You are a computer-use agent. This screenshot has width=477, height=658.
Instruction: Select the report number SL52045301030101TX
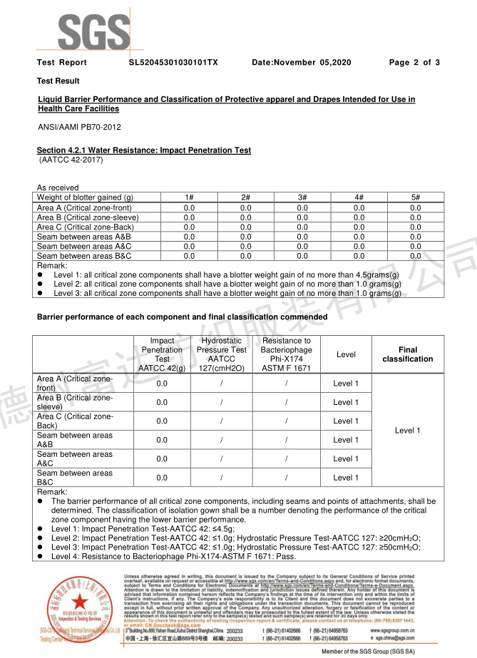pyautogui.click(x=173, y=63)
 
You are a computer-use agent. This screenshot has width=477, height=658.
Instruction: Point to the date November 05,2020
pyautogui.click(x=302, y=63)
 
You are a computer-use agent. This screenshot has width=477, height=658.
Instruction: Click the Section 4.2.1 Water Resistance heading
pyautogui.click(x=143, y=150)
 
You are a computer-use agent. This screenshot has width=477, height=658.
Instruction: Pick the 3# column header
pyautogui.click(x=302, y=197)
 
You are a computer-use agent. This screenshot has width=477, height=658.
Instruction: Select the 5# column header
pyautogui.click(x=415, y=197)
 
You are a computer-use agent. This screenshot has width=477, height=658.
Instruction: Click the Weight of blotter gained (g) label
pyautogui.click(x=85, y=197)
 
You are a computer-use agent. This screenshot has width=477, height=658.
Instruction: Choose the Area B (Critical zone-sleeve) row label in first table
pyautogui.click(x=88, y=217)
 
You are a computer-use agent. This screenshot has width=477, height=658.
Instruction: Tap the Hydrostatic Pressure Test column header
pyautogui.click(x=222, y=354)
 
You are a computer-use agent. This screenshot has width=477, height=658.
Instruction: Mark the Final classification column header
pyautogui.click(x=408, y=354)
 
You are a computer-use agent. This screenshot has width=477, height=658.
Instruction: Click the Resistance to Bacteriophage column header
pyautogui.click(x=286, y=354)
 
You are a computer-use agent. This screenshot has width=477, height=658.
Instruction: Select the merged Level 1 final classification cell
pyautogui.click(x=408, y=430)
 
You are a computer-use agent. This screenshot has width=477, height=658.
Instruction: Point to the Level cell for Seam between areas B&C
pyautogui.click(x=346, y=478)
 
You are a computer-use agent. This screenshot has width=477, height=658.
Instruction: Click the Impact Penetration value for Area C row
pyautogui.click(x=162, y=421)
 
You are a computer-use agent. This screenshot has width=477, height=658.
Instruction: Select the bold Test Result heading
pyautogui.click(x=58, y=81)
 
